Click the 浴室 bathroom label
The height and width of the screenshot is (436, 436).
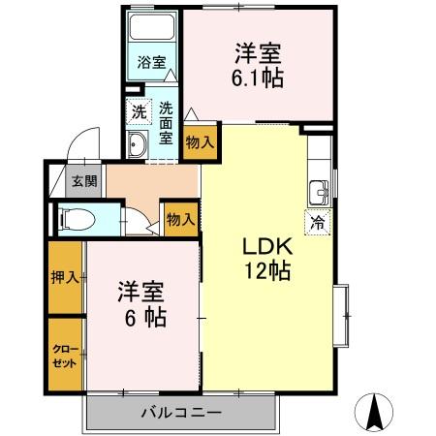click(x=150, y=63)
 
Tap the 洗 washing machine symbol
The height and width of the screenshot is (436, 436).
click(x=140, y=111)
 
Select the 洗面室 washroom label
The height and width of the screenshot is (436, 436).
click(x=166, y=123)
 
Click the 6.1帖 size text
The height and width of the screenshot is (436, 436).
click(x=258, y=78)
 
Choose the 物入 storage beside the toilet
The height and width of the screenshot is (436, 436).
click(x=180, y=218)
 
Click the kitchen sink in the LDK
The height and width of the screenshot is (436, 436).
click(x=319, y=190)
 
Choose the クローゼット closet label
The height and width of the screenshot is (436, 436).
click(x=65, y=353)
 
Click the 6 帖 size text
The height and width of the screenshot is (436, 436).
click(x=142, y=317)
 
